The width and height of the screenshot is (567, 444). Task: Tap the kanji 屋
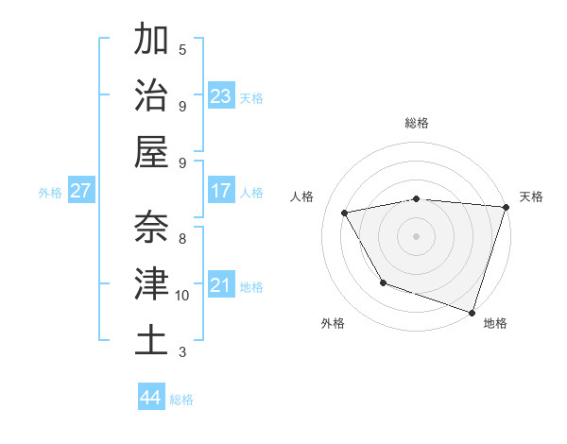(x=151, y=151)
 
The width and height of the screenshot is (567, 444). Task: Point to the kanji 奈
(x=151, y=228)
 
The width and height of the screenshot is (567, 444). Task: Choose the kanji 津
(x=151, y=283)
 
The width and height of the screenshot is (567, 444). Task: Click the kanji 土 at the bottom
(x=151, y=340)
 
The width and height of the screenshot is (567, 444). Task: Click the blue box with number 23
(x=221, y=95)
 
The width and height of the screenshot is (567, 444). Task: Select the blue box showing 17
(x=221, y=191)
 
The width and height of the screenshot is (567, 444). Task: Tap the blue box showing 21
(x=221, y=285)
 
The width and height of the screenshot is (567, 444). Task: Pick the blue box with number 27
(x=81, y=191)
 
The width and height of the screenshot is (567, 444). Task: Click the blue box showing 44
(x=151, y=398)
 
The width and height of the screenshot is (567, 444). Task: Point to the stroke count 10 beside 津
(x=182, y=296)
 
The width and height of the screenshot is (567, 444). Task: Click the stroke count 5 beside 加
(x=182, y=49)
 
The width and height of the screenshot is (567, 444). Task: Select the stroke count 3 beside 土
(x=182, y=352)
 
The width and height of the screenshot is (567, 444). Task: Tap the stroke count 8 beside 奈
(x=182, y=238)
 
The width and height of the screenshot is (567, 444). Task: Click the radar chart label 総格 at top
(x=416, y=123)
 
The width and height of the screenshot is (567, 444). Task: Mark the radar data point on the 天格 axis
(x=506, y=207)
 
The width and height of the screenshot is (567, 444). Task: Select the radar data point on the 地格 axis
(x=472, y=312)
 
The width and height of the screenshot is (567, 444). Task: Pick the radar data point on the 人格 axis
(x=345, y=213)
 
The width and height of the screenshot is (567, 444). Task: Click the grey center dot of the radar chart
(x=416, y=236)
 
